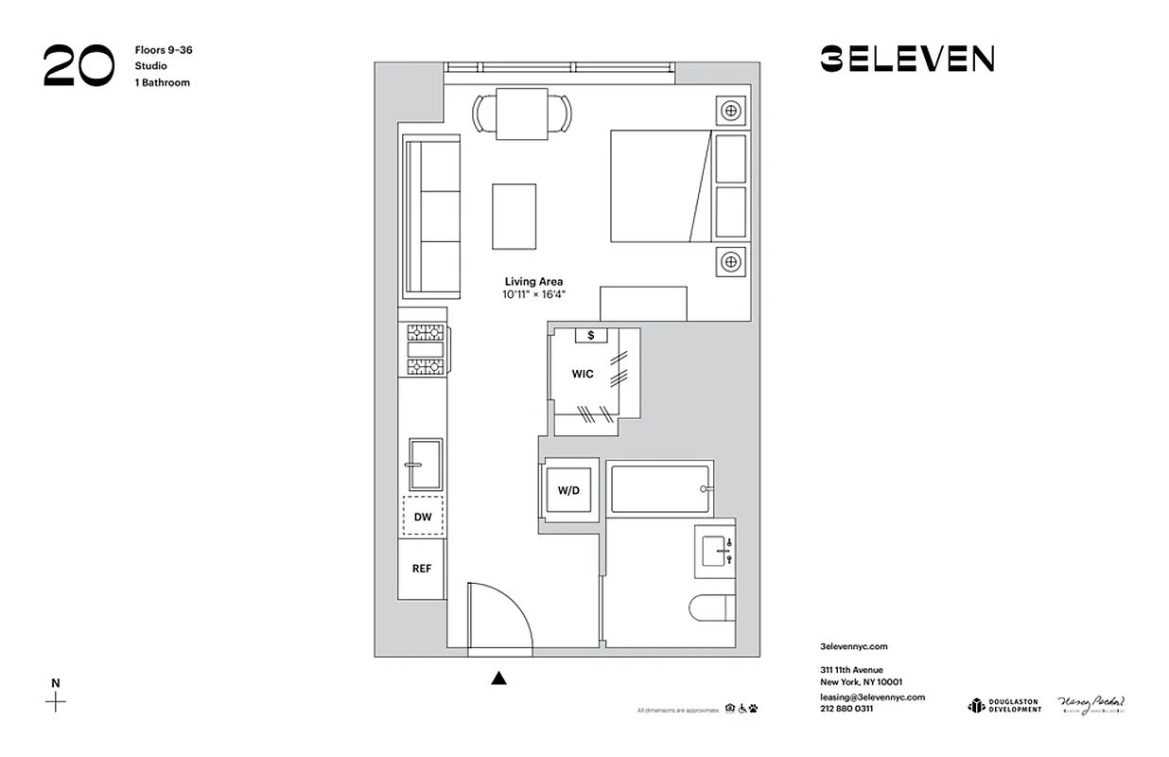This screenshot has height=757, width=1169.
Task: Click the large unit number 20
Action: click(79, 66)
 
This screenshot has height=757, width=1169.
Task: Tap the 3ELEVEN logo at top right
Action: click(906, 60)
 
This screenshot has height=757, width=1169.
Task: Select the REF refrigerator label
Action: click(422, 569)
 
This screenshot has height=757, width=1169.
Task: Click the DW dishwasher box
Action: click(423, 517)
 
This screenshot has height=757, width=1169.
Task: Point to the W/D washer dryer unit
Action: click(568, 490)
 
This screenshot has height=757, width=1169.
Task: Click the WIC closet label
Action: click(583, 374)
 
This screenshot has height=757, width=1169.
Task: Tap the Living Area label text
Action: click(533, 282)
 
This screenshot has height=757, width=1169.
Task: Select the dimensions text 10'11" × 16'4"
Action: click(533, 295)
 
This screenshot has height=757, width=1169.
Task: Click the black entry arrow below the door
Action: click(499, 678)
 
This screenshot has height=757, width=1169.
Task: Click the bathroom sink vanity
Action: click(714, 550)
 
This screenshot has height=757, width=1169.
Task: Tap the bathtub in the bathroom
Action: click(659, 487)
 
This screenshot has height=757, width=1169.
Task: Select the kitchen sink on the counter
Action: click(425, 464)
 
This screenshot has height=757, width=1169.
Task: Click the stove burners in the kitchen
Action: click(426, 349)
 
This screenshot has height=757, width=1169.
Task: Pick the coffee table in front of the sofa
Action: click(514, 217)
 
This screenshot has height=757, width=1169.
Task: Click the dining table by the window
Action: click(522, 114)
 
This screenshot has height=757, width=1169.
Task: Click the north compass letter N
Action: click(56, 683)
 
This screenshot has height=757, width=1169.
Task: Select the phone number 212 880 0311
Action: click(846, 709)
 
